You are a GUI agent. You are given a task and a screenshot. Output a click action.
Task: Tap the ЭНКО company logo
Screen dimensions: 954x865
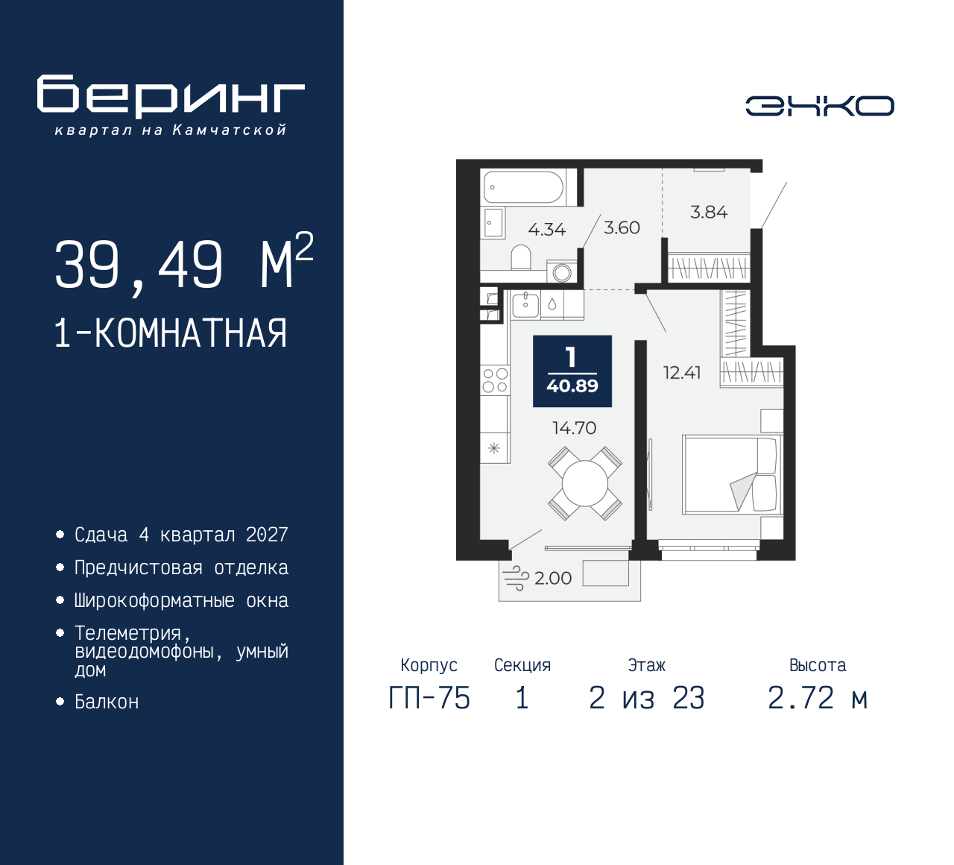[x=820, y=106]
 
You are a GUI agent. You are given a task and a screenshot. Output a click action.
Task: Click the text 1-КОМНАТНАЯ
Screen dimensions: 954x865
[x=171, y=333]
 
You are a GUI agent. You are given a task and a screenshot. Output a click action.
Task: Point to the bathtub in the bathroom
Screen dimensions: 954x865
[x=524, y=187]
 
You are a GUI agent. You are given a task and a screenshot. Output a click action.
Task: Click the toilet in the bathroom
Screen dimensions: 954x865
[x=521, y=257]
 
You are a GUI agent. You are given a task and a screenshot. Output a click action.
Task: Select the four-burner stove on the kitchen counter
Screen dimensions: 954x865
[x=495, y=380]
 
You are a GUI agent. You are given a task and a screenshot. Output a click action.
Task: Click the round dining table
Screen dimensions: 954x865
[x=585, y=483]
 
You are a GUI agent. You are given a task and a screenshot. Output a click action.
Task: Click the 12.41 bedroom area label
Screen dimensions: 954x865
[x=682, y=373]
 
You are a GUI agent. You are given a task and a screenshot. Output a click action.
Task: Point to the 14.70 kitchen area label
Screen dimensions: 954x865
[x=574, y=428]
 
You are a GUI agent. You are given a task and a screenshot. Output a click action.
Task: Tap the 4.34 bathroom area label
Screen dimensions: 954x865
[x=546, y=230]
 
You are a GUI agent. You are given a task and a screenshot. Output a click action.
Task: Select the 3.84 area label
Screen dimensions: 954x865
[x=709, y=213]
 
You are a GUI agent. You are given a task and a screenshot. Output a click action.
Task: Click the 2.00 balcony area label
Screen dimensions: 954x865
[x=552, y=578]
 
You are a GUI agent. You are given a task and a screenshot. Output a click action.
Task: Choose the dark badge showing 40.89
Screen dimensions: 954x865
[x=572, y=371]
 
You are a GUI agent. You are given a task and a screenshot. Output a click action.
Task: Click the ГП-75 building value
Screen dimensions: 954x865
[x=429, y=698]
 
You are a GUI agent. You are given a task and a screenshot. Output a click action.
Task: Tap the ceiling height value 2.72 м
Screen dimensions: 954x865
[x=818, y=698]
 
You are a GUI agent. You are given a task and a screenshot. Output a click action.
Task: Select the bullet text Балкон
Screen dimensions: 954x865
[x=107, y=702]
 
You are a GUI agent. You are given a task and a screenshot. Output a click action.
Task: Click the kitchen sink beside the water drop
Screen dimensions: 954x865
[x=525, y=303]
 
